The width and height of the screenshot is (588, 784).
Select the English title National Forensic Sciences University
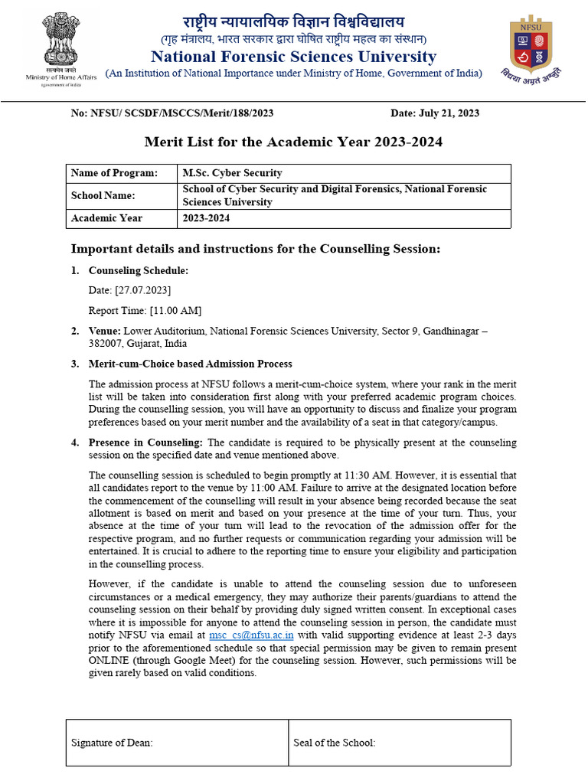click(x=293, y=57)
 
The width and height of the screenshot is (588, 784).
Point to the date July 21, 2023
click(x=435, y=113)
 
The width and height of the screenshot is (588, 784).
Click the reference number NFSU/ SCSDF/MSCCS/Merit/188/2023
click(x=172, y=113)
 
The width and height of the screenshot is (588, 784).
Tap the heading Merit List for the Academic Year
click(x=293, y=142)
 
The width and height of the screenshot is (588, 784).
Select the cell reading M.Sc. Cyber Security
click(x=232, y=173)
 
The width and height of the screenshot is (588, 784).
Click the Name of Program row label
click(x=114, y=173)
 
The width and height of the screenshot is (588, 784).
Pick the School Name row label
click(x=103, y=195)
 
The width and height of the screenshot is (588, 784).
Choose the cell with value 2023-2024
click(x=205, y=218)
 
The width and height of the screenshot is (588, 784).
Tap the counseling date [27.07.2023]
click(x=142, y=290)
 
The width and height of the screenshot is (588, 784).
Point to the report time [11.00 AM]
click(x=175, y=310)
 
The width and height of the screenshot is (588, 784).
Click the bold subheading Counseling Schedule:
click(x=138, y=270)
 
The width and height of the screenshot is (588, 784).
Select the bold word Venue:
click(x=105, y=331)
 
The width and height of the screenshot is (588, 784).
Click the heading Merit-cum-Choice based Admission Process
click(x=190, y=364)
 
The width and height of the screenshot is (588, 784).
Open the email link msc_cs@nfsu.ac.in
click(x=251, y=635)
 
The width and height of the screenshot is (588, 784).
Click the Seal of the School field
click(x=334, y=743)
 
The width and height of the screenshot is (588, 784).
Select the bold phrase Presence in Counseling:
click(x=146, y=443)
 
